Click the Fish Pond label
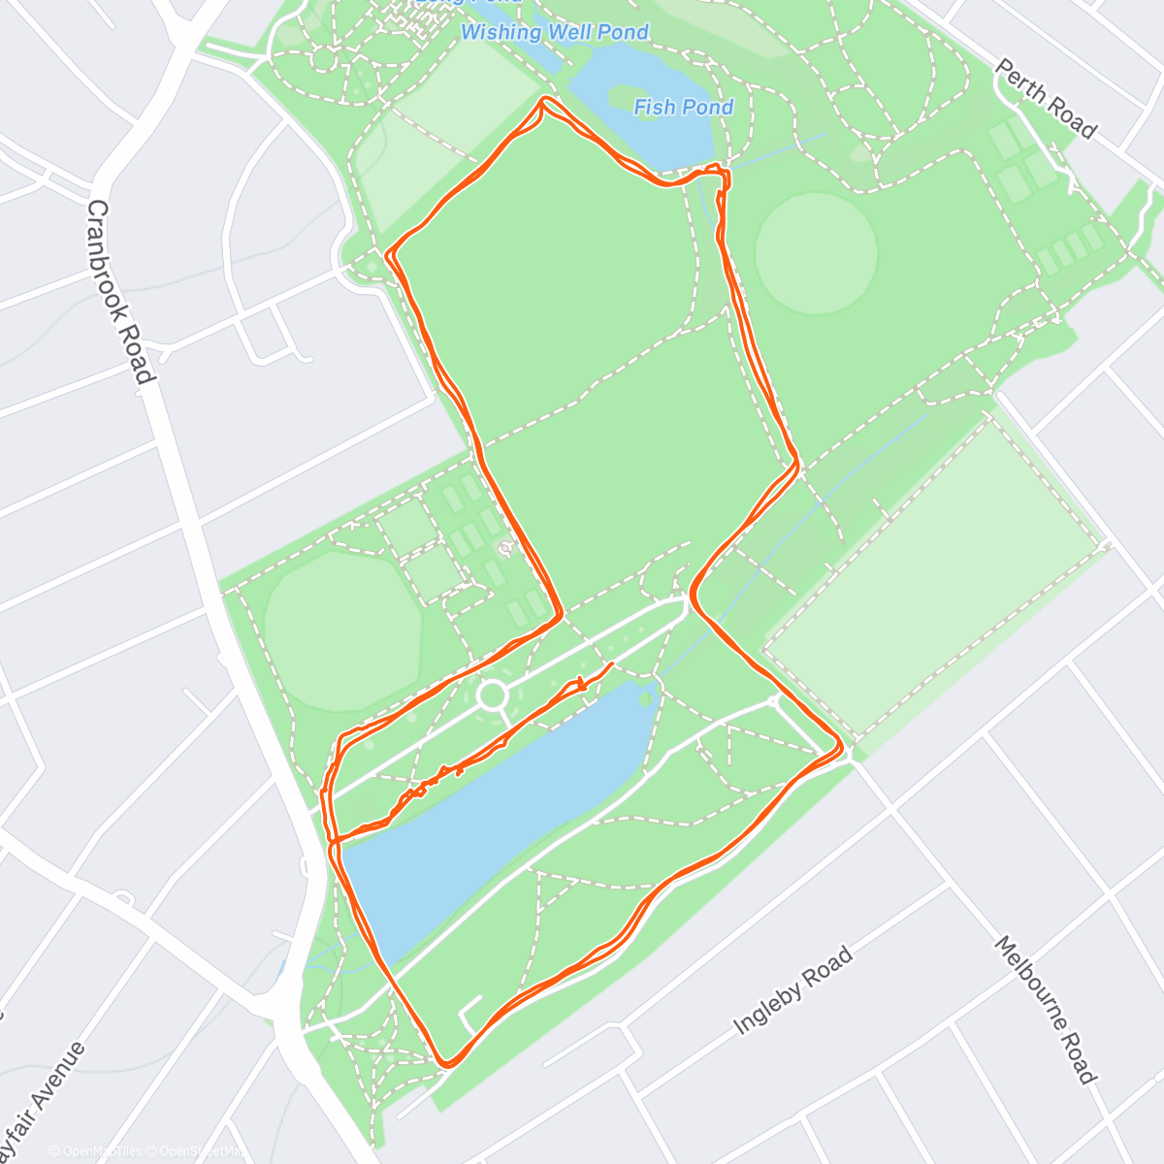(x=683, y=107)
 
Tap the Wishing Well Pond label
(x=555, y=32)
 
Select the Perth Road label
(x=1046, y=98)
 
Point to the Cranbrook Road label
(x=120, y=291)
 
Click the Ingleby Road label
(x=792, y=990)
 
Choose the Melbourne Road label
(x=1045, y=1010)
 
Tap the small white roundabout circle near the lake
(x=493, y=695)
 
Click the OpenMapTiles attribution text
(x=101, y=1151)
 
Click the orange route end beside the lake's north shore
(x=611, y=664)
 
